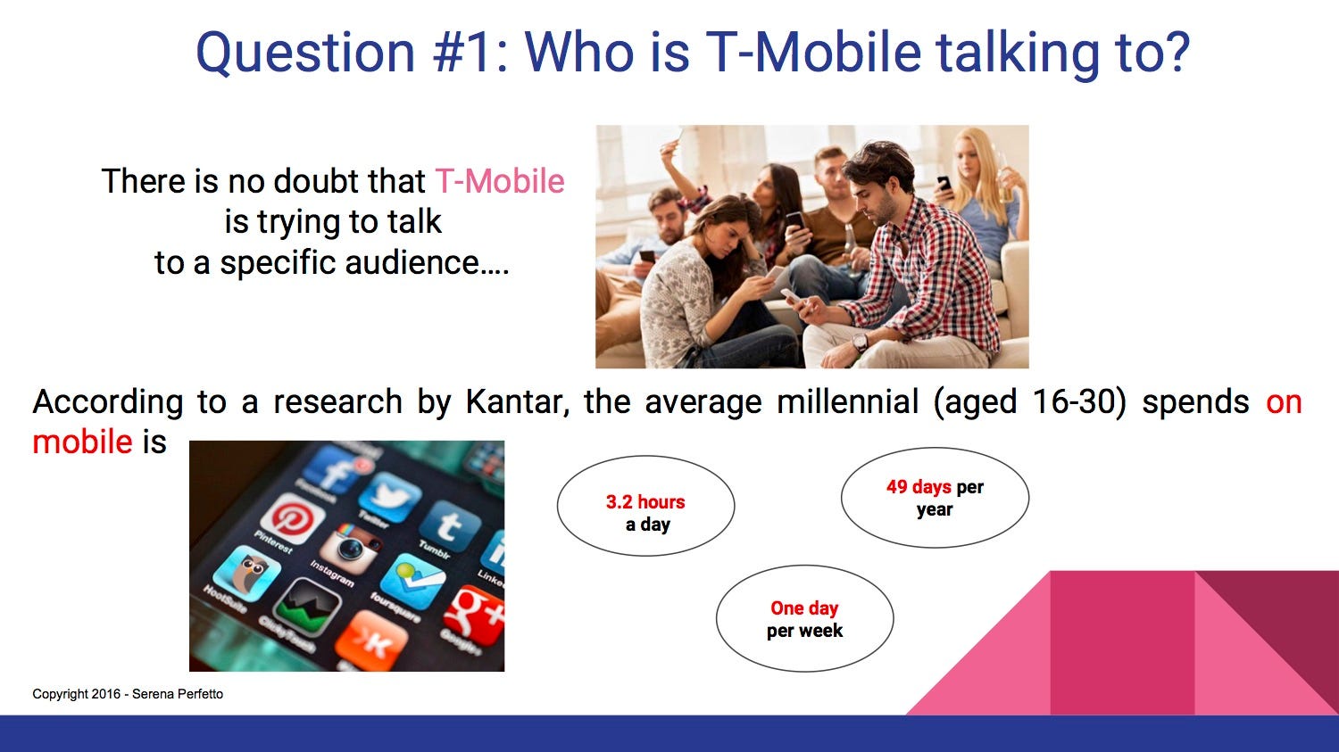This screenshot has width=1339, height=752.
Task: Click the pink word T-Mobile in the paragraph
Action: pos(500,181)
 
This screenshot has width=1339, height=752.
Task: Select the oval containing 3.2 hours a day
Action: pos(645,506)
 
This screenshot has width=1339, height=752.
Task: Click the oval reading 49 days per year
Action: pos(935,498)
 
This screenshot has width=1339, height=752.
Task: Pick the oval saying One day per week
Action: pos(804,619)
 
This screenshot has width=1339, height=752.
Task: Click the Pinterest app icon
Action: pos(292,517)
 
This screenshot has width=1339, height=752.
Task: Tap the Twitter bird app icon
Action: pos(390,497)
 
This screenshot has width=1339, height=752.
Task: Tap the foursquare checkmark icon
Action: pos(412,582)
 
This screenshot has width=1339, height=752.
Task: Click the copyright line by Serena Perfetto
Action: pos(128,694)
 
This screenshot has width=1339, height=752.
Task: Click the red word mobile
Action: pos(82,442)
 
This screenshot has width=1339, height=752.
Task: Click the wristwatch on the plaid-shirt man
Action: pos(860,343)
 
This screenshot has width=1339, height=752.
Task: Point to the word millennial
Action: pos(848,401)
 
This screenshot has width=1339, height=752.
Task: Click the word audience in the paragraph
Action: pos(412,263)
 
